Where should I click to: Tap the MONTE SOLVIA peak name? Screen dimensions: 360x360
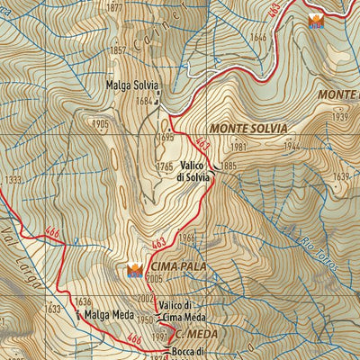248,129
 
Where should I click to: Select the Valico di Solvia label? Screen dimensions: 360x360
194,171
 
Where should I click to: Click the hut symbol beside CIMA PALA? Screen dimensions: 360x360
135,269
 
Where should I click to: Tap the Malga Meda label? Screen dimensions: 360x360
111,316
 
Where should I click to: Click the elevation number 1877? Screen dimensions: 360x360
114,8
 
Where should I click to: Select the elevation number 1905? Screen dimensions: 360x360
100,123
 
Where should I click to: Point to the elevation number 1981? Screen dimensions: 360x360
238,147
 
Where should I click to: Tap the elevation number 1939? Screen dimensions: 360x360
339,117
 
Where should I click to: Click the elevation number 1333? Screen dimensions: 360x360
12,180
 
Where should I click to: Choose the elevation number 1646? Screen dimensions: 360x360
258,37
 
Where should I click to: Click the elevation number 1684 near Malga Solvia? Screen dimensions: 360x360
144,102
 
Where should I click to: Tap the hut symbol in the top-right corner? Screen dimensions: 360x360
315,21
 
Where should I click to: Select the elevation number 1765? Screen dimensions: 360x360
164,167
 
